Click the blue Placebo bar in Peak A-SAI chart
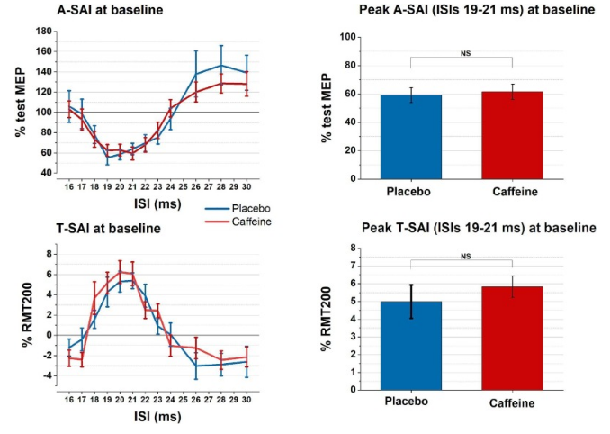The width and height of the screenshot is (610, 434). pyautogui.click(x=411, y=137)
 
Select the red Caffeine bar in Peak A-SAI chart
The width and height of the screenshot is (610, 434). pyautogui.click(x=512, y=135)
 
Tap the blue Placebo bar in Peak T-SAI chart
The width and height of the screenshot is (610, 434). pyautogui.click(x=411, y=346)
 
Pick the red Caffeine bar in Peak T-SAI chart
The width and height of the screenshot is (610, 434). pyautogui.click(x=512, y=339)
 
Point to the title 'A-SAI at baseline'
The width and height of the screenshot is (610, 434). pyautogui.click(x=110, y=10)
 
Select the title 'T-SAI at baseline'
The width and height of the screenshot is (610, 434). pyautogui.click(x=109, y=228)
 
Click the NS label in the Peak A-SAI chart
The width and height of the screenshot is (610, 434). pyautogui.click(x=466, y=53)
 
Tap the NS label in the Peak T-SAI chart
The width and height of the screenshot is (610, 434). pyautogui.click(x=466, y=257)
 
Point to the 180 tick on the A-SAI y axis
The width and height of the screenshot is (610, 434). pyautogui.click(x=43, y=31)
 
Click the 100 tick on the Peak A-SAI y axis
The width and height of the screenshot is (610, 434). pyautogui.click(x=347, y=37)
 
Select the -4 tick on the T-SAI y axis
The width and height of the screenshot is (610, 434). pyautogui.click(x=47, y=375)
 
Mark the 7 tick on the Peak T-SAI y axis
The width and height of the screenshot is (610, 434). pyautogui.click(x=353, y=266)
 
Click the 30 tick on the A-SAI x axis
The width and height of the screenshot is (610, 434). pyautogui.click(x=246, y=187)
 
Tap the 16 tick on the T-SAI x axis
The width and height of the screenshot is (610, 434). pyautogui.click(x=69, y=400)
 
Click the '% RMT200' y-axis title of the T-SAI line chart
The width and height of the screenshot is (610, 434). pyautogui.click(x=27, y=315)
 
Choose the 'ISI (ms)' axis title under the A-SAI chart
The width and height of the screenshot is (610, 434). pyautogui.click(x=157, y=203)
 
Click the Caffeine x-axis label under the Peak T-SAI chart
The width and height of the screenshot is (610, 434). pyautogui.click(x=512, y=402)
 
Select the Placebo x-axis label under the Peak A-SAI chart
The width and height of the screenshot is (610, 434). pyautogui.click(x=408, y=192)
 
